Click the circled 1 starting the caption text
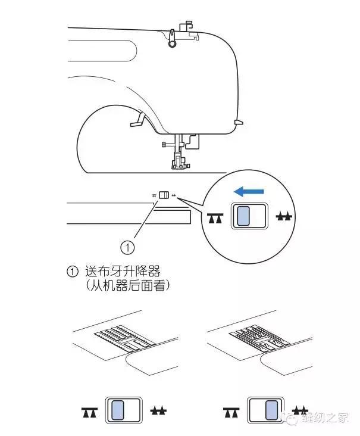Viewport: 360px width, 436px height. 73,272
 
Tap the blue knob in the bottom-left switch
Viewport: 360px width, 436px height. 118,412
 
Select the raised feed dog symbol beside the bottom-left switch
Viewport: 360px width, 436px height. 157,412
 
